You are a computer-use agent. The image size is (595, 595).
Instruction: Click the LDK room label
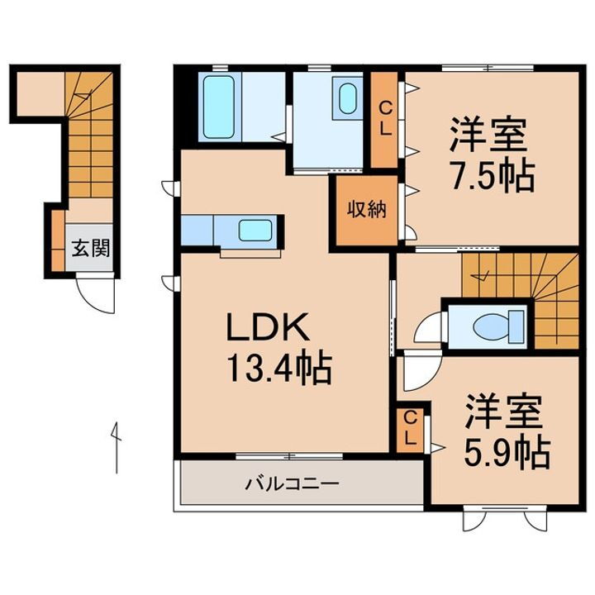(269, 329)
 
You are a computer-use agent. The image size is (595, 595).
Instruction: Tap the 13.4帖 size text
(279, 367)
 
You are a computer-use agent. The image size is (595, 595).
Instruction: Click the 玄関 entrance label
(90, 246)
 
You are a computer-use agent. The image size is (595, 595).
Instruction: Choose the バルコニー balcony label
(290, 484)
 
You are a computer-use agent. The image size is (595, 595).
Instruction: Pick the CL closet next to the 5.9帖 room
(409, 429)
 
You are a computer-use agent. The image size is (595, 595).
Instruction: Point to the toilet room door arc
(429, 329)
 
